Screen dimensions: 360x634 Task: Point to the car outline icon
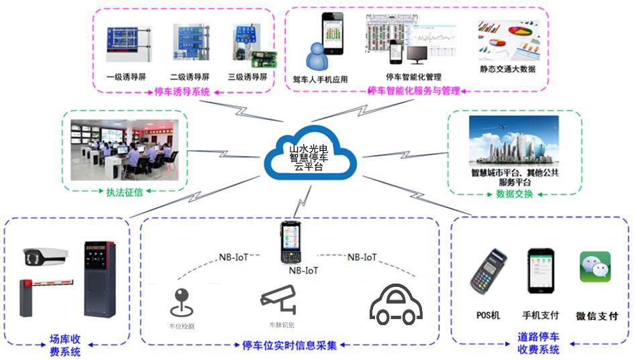[x=397, y=305]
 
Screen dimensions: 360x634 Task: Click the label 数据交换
[x=514, y=194]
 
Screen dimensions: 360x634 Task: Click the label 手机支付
[x=540, y=315]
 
